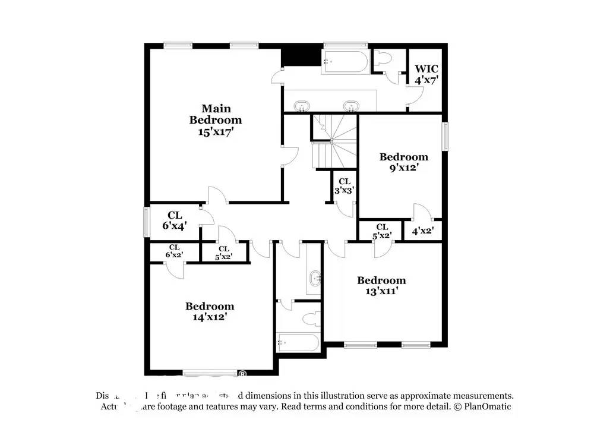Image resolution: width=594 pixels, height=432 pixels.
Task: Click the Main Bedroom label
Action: pyautogui.click(x=216, y=114)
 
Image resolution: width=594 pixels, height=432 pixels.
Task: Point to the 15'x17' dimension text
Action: pyautogui.click(x=216, y=132)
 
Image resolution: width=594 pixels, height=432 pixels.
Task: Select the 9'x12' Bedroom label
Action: pyautogui.click(x=404, y=157)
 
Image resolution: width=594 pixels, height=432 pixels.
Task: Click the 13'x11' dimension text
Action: pyautogui.click(x=381, y=291)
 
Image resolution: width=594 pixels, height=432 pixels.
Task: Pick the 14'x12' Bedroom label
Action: pyautogui.click(x=210, y=307)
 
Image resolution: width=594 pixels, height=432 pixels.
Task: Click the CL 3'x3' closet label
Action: pyautogui.click(x=344, y=186)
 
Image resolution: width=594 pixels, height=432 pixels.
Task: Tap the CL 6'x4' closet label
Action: pyautogui.click(x=174, y=220)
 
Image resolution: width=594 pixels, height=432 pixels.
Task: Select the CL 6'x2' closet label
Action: pyautogui.click(x=174, y=251)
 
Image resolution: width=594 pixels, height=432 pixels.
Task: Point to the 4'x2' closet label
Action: pyautogui.click(x=423, y=232)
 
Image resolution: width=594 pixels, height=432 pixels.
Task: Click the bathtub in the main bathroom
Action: pyautogui.click(x=345, y=62)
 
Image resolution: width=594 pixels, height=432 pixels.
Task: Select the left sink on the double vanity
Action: pyautogui.click(x=303, y=106)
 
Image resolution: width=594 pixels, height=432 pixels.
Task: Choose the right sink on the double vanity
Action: pyautogui.click(x=351, y=106)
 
